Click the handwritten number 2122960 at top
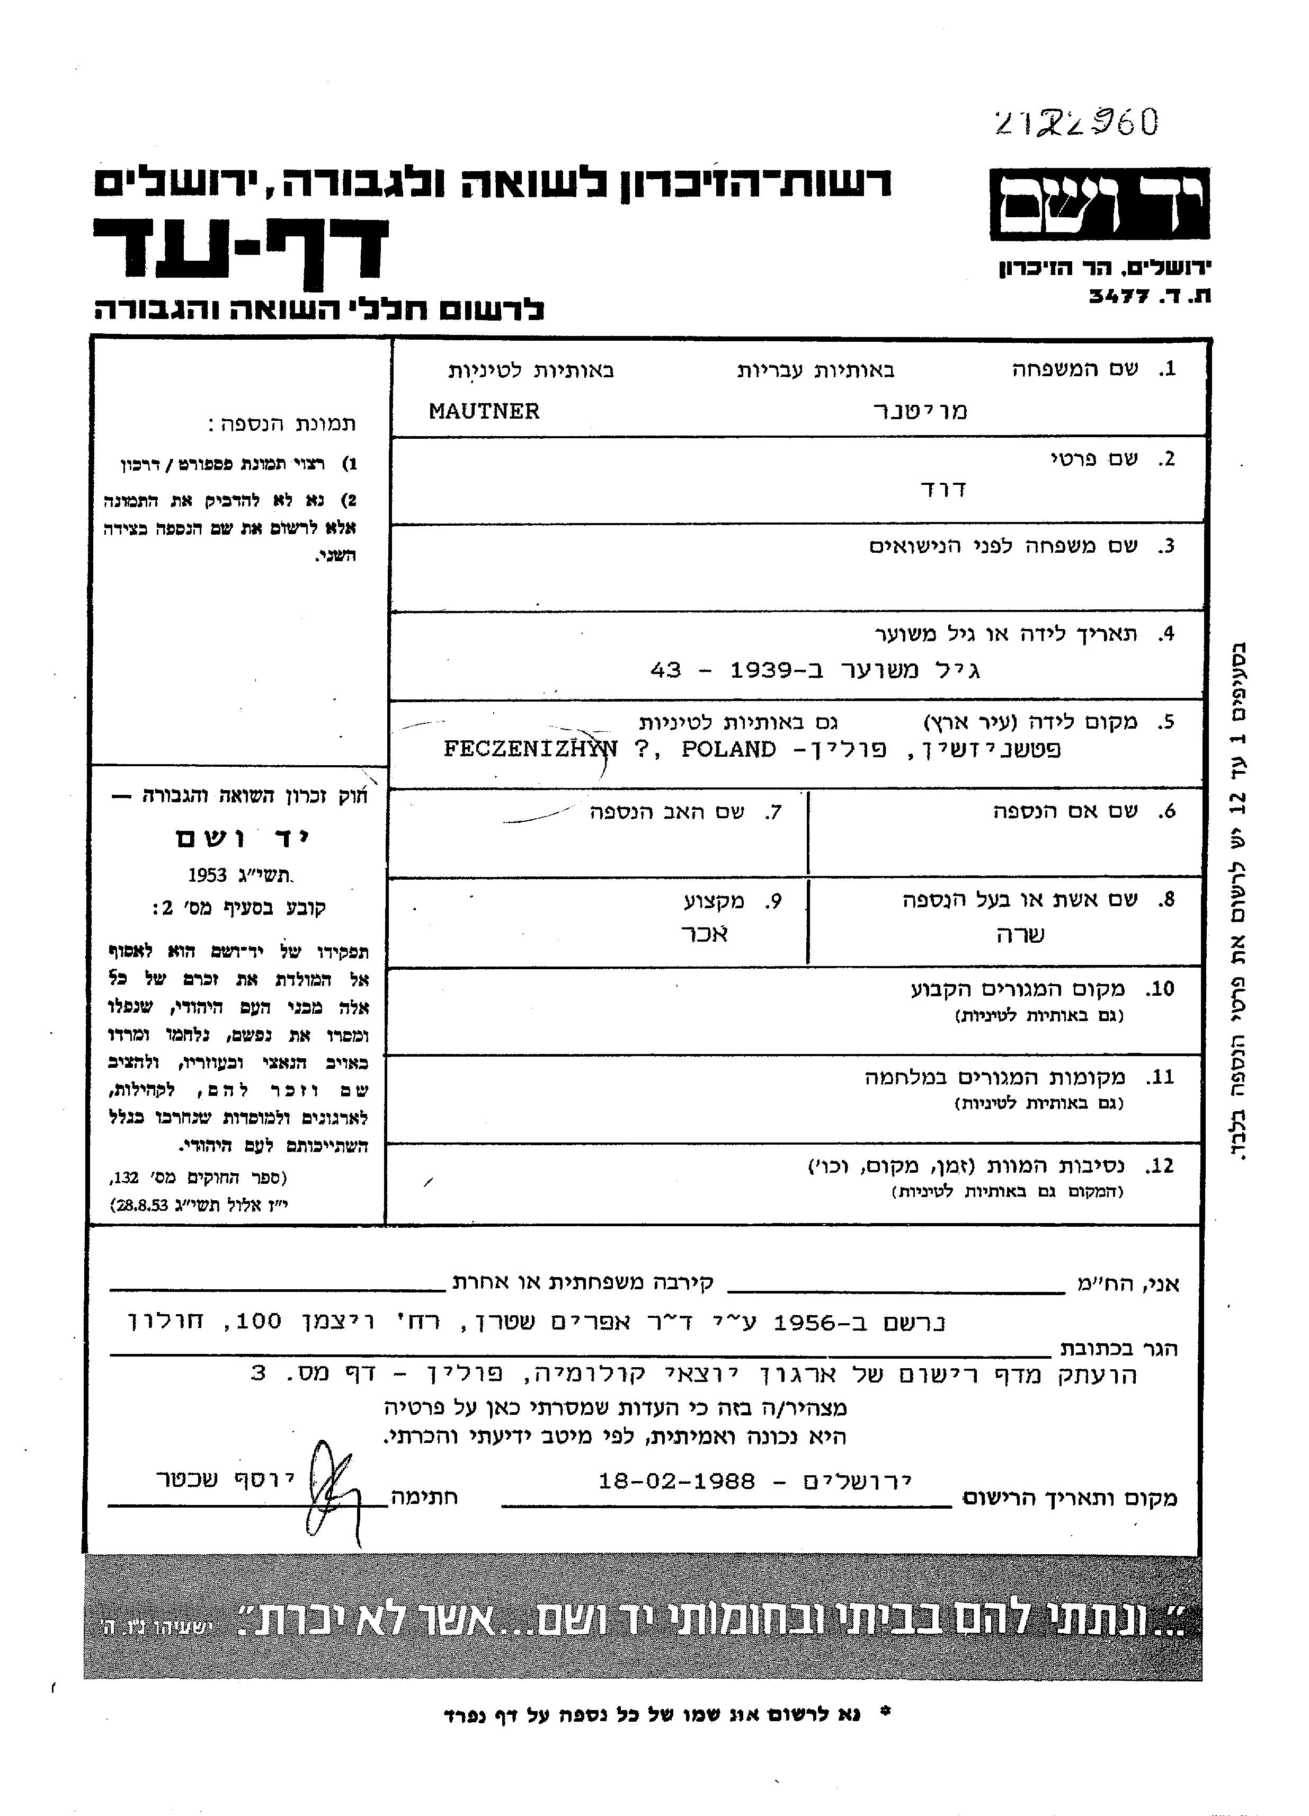pyautogui.click(x=1075, y=124)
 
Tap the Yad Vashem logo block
pyautogui.click(x=1099, y=204)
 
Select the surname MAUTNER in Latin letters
pyautogui.click(x=484, y=412)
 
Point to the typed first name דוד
pyautogui.click(x=944, y=489)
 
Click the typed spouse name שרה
pyautogui.click(x=1021, y=934)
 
